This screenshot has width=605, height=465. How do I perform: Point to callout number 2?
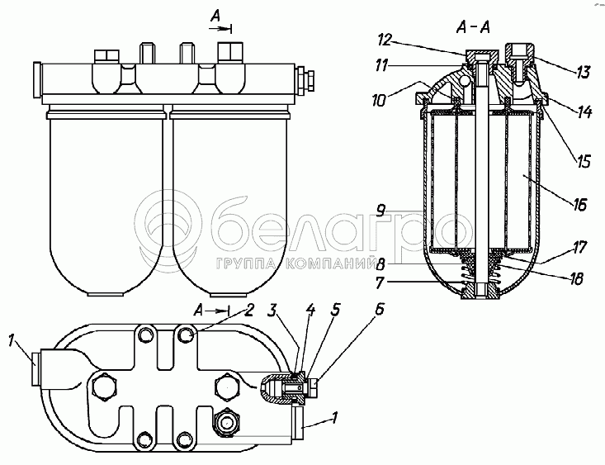click(x=248, y=310)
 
